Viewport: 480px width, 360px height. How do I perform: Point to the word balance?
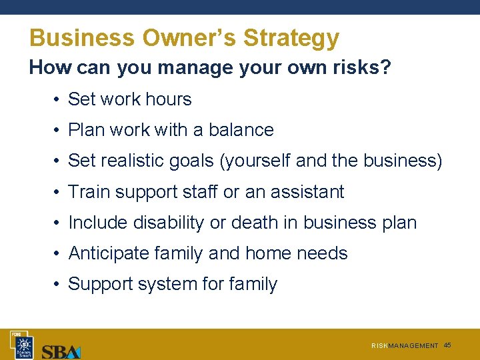tap(241, 130)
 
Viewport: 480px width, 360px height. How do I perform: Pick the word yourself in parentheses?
tap(259, 161)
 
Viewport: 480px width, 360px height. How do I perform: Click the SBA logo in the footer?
tap(61, 351)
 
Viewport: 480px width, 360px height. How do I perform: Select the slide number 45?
tap(447, 345)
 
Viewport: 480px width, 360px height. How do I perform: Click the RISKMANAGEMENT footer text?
tap(405, 346)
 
